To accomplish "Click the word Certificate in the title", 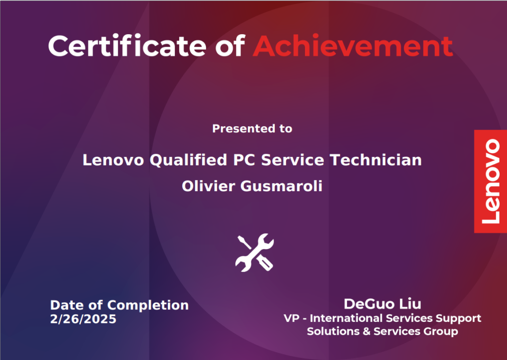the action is [127, 46].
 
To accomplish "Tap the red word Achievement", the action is [353, 46].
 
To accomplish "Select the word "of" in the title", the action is [230, 46].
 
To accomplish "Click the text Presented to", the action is [252, 129].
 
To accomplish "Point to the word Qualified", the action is [188, 160].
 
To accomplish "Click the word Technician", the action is [376, 160].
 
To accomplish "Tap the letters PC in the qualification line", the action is [244, 160].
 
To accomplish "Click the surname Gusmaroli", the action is [281, 186].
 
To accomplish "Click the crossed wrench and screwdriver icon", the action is [254, 253].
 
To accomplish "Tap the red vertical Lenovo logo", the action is [491, 181].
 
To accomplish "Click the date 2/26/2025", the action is [83, 319].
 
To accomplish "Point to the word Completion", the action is [148, 306].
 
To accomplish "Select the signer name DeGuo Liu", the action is [383, 304].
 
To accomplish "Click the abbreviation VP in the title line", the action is [291, 318].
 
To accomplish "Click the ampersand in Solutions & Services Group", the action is [366, 331].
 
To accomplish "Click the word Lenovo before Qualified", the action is [113, 160].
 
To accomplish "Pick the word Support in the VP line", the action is [458, 318].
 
